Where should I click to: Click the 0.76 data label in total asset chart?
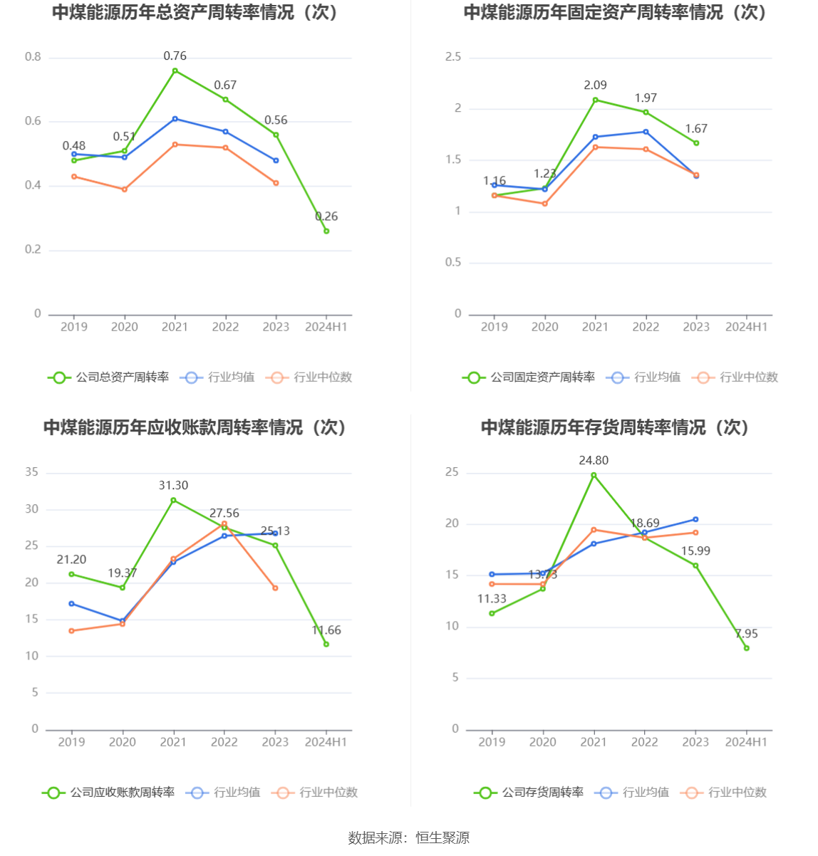(175, 56)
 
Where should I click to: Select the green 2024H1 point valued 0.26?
(326, 231)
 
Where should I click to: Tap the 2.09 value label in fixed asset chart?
(595, 85)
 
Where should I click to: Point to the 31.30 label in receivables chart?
(173, 486)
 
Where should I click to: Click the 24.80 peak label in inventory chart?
(594, 461)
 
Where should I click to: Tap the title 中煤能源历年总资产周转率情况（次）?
(195, 13)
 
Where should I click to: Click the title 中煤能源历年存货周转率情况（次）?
(616, 427)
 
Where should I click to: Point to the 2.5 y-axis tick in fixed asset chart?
(453, 57)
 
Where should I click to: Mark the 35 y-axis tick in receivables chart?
(32, 472)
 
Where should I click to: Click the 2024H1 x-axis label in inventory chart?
(746, 742)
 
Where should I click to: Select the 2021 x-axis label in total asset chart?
(175, 327)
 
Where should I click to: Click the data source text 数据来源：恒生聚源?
(409, 838)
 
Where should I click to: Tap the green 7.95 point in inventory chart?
(746, 648)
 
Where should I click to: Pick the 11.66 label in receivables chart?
(326, 630)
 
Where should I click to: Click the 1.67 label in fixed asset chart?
(696, 129)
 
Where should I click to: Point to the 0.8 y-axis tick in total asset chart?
(33, 57)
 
